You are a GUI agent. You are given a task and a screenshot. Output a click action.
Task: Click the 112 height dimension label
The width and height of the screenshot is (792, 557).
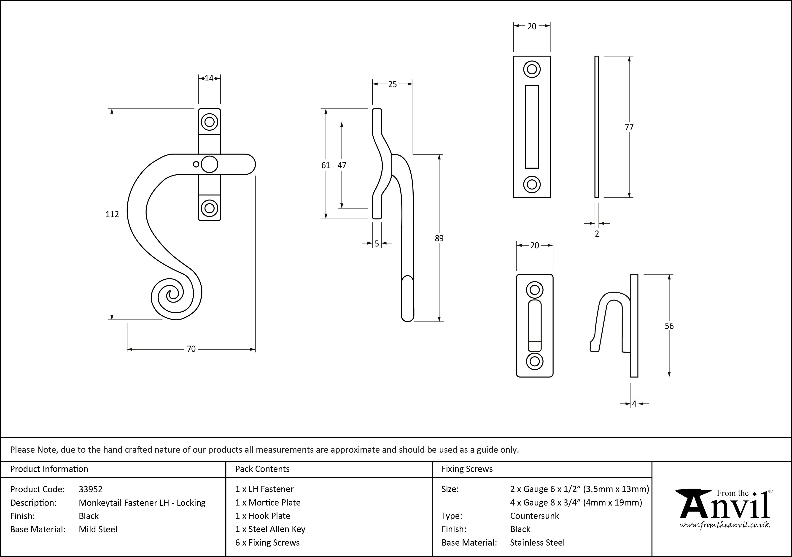pos(112,214)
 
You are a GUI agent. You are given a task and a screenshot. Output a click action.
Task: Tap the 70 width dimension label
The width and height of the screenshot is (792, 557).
pos(191,349)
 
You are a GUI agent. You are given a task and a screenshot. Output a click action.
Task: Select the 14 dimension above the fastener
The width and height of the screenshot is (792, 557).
pos(209,78)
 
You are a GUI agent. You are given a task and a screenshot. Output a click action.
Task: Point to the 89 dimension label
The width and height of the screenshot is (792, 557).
pos(439,238)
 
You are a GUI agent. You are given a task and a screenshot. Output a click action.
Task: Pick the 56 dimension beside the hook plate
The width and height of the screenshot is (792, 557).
pos(669,326)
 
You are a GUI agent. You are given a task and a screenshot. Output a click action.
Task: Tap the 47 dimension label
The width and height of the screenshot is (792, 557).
pos(342,165)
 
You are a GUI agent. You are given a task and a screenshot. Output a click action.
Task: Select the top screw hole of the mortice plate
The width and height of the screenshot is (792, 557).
pos(532,69)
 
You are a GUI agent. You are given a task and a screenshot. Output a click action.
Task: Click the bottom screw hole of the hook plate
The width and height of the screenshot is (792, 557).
pos(534,361)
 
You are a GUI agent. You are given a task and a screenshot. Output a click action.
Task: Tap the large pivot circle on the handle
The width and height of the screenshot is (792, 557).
pos(209,164)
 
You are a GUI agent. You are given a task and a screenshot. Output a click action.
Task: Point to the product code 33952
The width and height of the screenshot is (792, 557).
pos(91,489)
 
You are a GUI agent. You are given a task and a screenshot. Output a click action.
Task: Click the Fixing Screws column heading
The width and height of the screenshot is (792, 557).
pos(467,469)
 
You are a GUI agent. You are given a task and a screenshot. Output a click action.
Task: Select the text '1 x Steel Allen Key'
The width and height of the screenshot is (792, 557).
pos(270,529)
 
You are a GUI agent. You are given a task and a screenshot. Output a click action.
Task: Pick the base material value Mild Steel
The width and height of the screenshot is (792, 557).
pos(98,529)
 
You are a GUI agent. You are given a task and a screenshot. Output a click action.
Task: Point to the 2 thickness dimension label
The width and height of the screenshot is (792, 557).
pos(597,234)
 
